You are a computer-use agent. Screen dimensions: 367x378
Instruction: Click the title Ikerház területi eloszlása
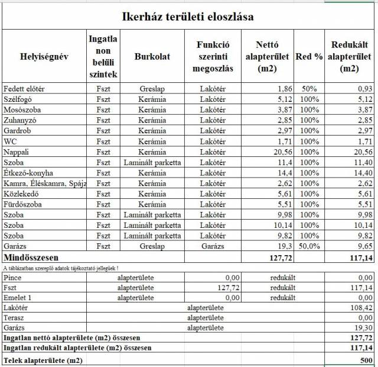point(188,17)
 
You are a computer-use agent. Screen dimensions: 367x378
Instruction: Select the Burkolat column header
point(152,56)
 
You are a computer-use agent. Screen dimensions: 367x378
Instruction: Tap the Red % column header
point(309,56)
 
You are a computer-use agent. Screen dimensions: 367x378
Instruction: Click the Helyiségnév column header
point(44,56)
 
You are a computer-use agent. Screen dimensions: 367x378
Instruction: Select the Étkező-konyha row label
point(28,173)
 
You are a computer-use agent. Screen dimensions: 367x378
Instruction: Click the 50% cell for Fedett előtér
point(309,89)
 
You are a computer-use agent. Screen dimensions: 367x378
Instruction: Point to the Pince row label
point(13,277)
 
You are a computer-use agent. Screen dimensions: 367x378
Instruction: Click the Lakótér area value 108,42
point(360,308)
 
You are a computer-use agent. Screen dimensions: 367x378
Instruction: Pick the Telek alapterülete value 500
point(366,360)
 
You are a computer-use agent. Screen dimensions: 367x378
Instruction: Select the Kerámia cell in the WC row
point(152,141)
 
